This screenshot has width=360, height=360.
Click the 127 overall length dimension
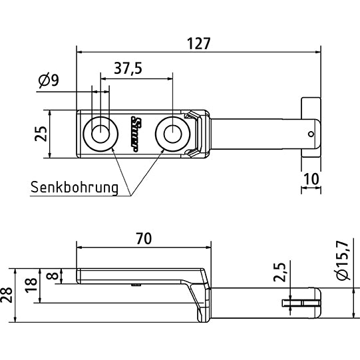(x=198, y=44)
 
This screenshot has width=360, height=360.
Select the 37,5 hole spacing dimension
(x=128, y=69)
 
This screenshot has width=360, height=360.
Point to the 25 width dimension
(x=41, y=134)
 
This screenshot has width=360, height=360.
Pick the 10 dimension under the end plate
(x=311, y=178)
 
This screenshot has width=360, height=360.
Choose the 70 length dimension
(x=143, y=237)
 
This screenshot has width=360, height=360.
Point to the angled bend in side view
(x=198, y=293)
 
